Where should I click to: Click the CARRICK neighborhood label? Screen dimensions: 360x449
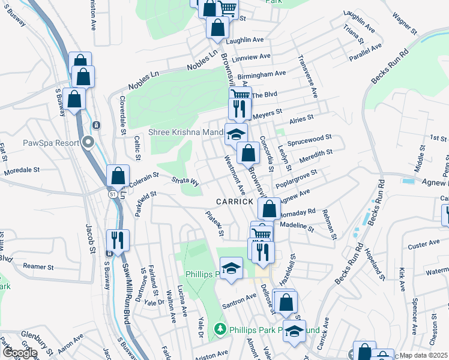click(235, 202)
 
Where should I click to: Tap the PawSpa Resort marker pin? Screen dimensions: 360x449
click(89, 143)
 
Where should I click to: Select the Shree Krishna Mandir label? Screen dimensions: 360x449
click(186, 132)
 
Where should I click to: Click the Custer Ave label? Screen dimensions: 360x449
click(424, 244)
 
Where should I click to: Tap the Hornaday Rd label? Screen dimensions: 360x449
click(298, 212)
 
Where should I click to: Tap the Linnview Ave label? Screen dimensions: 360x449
click(250, 58)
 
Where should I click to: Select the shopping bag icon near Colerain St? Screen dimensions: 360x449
click(118, 175)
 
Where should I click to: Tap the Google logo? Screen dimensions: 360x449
click(20, 353)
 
